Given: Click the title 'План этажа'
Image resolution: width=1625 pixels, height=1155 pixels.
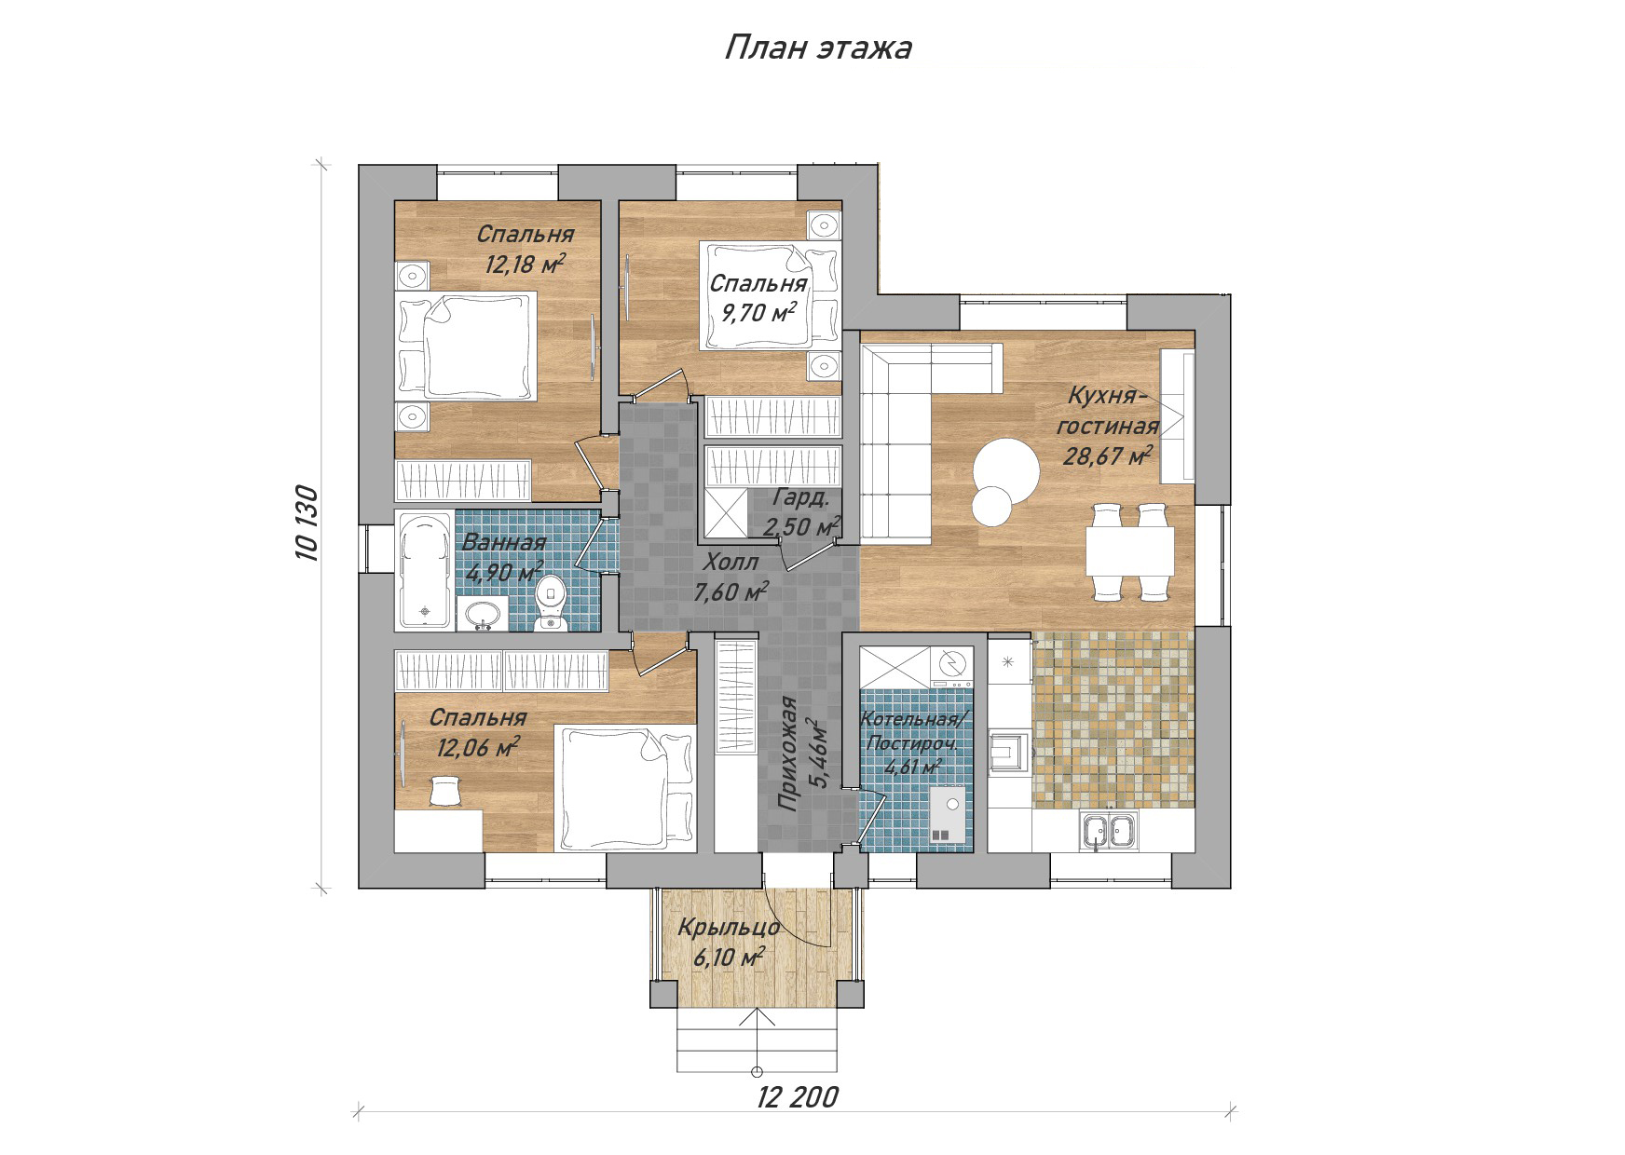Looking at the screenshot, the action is [x=817, y=48].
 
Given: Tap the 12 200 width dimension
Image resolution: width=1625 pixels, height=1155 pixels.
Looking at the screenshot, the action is [x=798, y=1096].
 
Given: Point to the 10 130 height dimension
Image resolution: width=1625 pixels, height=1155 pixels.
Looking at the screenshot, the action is [x=308, y=523].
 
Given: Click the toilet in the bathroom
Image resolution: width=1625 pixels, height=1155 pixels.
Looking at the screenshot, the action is [x=552, y=601].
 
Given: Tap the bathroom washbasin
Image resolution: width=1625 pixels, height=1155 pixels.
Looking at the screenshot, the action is [x=483, y=614].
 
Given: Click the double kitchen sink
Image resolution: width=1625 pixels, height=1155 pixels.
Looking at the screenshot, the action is [x=1109, y=830].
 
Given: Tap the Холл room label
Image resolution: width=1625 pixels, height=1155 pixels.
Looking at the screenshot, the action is [x=731, y=563].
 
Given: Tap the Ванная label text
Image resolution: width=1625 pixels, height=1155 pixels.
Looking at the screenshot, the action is [x=505, y=543].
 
